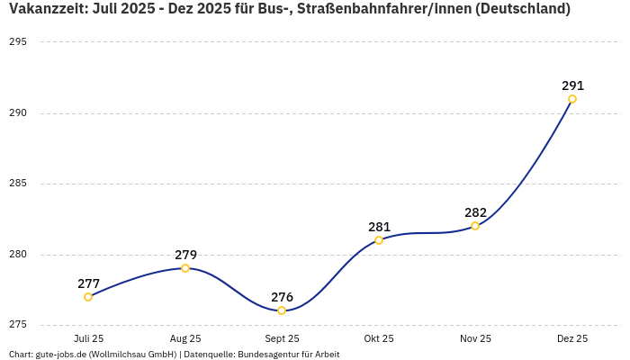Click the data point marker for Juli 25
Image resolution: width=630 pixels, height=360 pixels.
tap(88, 297)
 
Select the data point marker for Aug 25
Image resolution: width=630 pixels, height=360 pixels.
tap(185, 268)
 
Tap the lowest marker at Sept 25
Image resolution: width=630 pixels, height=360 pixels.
tap(282, 310)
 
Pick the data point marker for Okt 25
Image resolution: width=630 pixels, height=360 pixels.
tap(379, 240)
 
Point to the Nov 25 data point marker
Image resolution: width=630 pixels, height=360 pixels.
tap(475, 226)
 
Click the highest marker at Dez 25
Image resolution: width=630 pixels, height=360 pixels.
tap(572, 99)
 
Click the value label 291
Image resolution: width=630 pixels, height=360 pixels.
tap(572, 85)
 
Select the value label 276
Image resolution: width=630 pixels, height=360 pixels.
tap(282, 297)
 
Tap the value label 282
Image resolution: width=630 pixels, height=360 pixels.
tap(475, 212)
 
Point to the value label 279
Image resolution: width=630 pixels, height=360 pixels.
tap(185, 255)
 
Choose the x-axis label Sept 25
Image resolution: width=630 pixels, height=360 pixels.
tap(282, 338)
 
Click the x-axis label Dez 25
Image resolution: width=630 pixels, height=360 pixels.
tap(572, 338)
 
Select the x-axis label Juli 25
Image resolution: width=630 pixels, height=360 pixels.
tap(88, 338)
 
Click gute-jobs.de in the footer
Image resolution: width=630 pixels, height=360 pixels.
tap(60, 354)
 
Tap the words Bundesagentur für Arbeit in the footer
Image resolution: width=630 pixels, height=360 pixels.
tap(289, 354)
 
